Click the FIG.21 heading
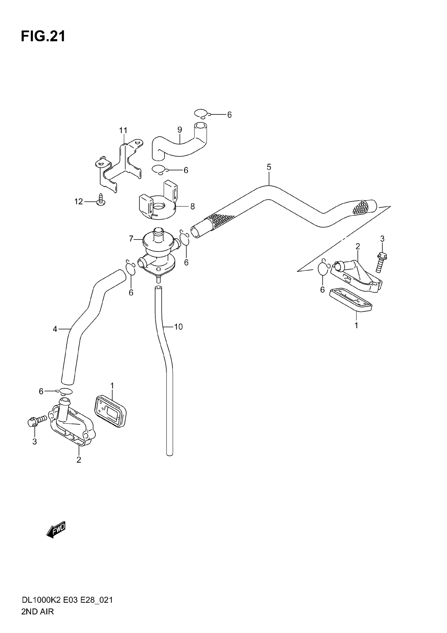click(x=43, y=36)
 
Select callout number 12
click(x=78, y=202)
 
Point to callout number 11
click(x=123, y=130)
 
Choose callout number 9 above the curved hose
click(x=180, y=130)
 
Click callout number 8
click(x=192, y=206)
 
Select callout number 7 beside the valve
click(x=131, y=238)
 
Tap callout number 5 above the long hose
click(x=269, y=167)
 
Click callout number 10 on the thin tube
click(x=178, y=327)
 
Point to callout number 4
click(x=55, y=329)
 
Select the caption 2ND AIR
click(x=37, y=612)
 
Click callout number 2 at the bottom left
click(x=79, y=460)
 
